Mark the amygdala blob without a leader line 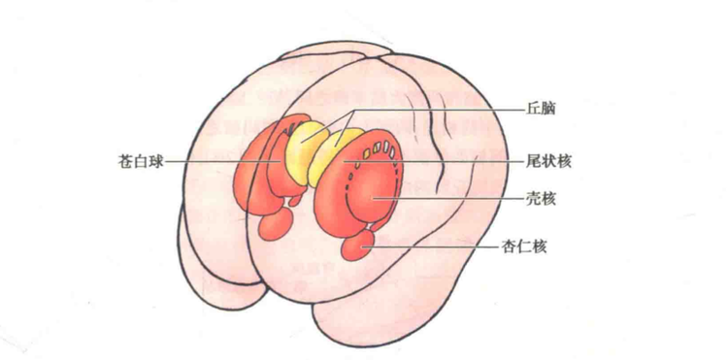point(278,225)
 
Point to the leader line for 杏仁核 point(437,247)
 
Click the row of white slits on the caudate point(379,151)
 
